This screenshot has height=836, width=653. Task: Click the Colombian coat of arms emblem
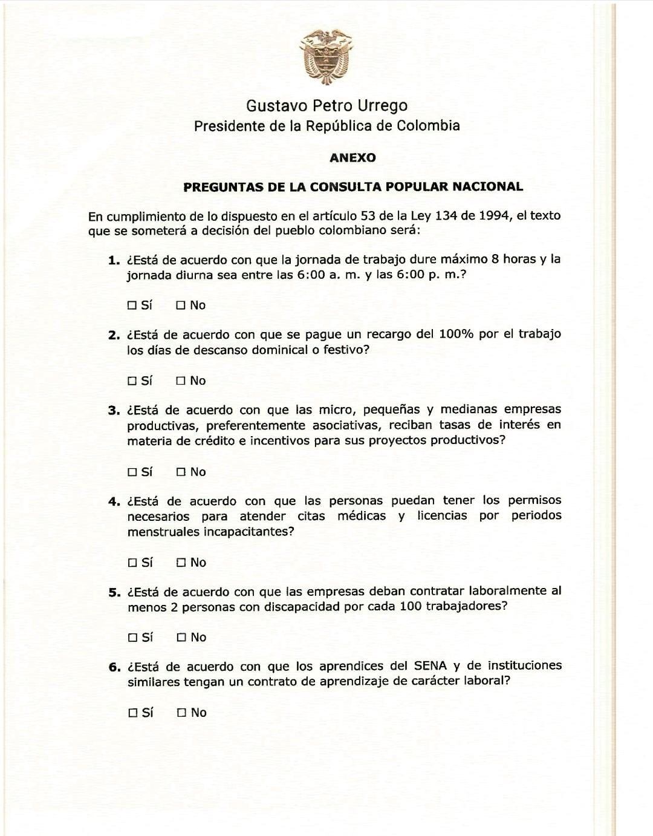click(x=326, y=56)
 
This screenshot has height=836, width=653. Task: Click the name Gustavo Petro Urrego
click(x=326, y=106)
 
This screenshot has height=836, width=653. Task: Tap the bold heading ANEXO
click(x=352, y=158)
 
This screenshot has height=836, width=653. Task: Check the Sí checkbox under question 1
click(x=132, y=305)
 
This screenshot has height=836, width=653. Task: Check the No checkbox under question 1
click(x=181, y=305)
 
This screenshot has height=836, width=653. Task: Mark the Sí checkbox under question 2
click(x=132, y=381)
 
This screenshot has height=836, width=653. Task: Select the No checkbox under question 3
click(x=181, y=472)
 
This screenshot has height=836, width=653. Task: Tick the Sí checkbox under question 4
click(x=132, y=563)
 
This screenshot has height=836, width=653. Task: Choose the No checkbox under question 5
click(x=181, y=638)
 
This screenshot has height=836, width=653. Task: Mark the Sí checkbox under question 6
click(x=133, y=713)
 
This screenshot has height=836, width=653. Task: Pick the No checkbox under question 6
click(x=181, y=713)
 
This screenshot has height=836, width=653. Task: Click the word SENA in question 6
click(x=430, y=666)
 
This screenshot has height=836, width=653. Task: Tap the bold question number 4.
click(x=114, y=501)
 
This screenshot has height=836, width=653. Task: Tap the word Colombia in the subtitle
click(x=428, y=126)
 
